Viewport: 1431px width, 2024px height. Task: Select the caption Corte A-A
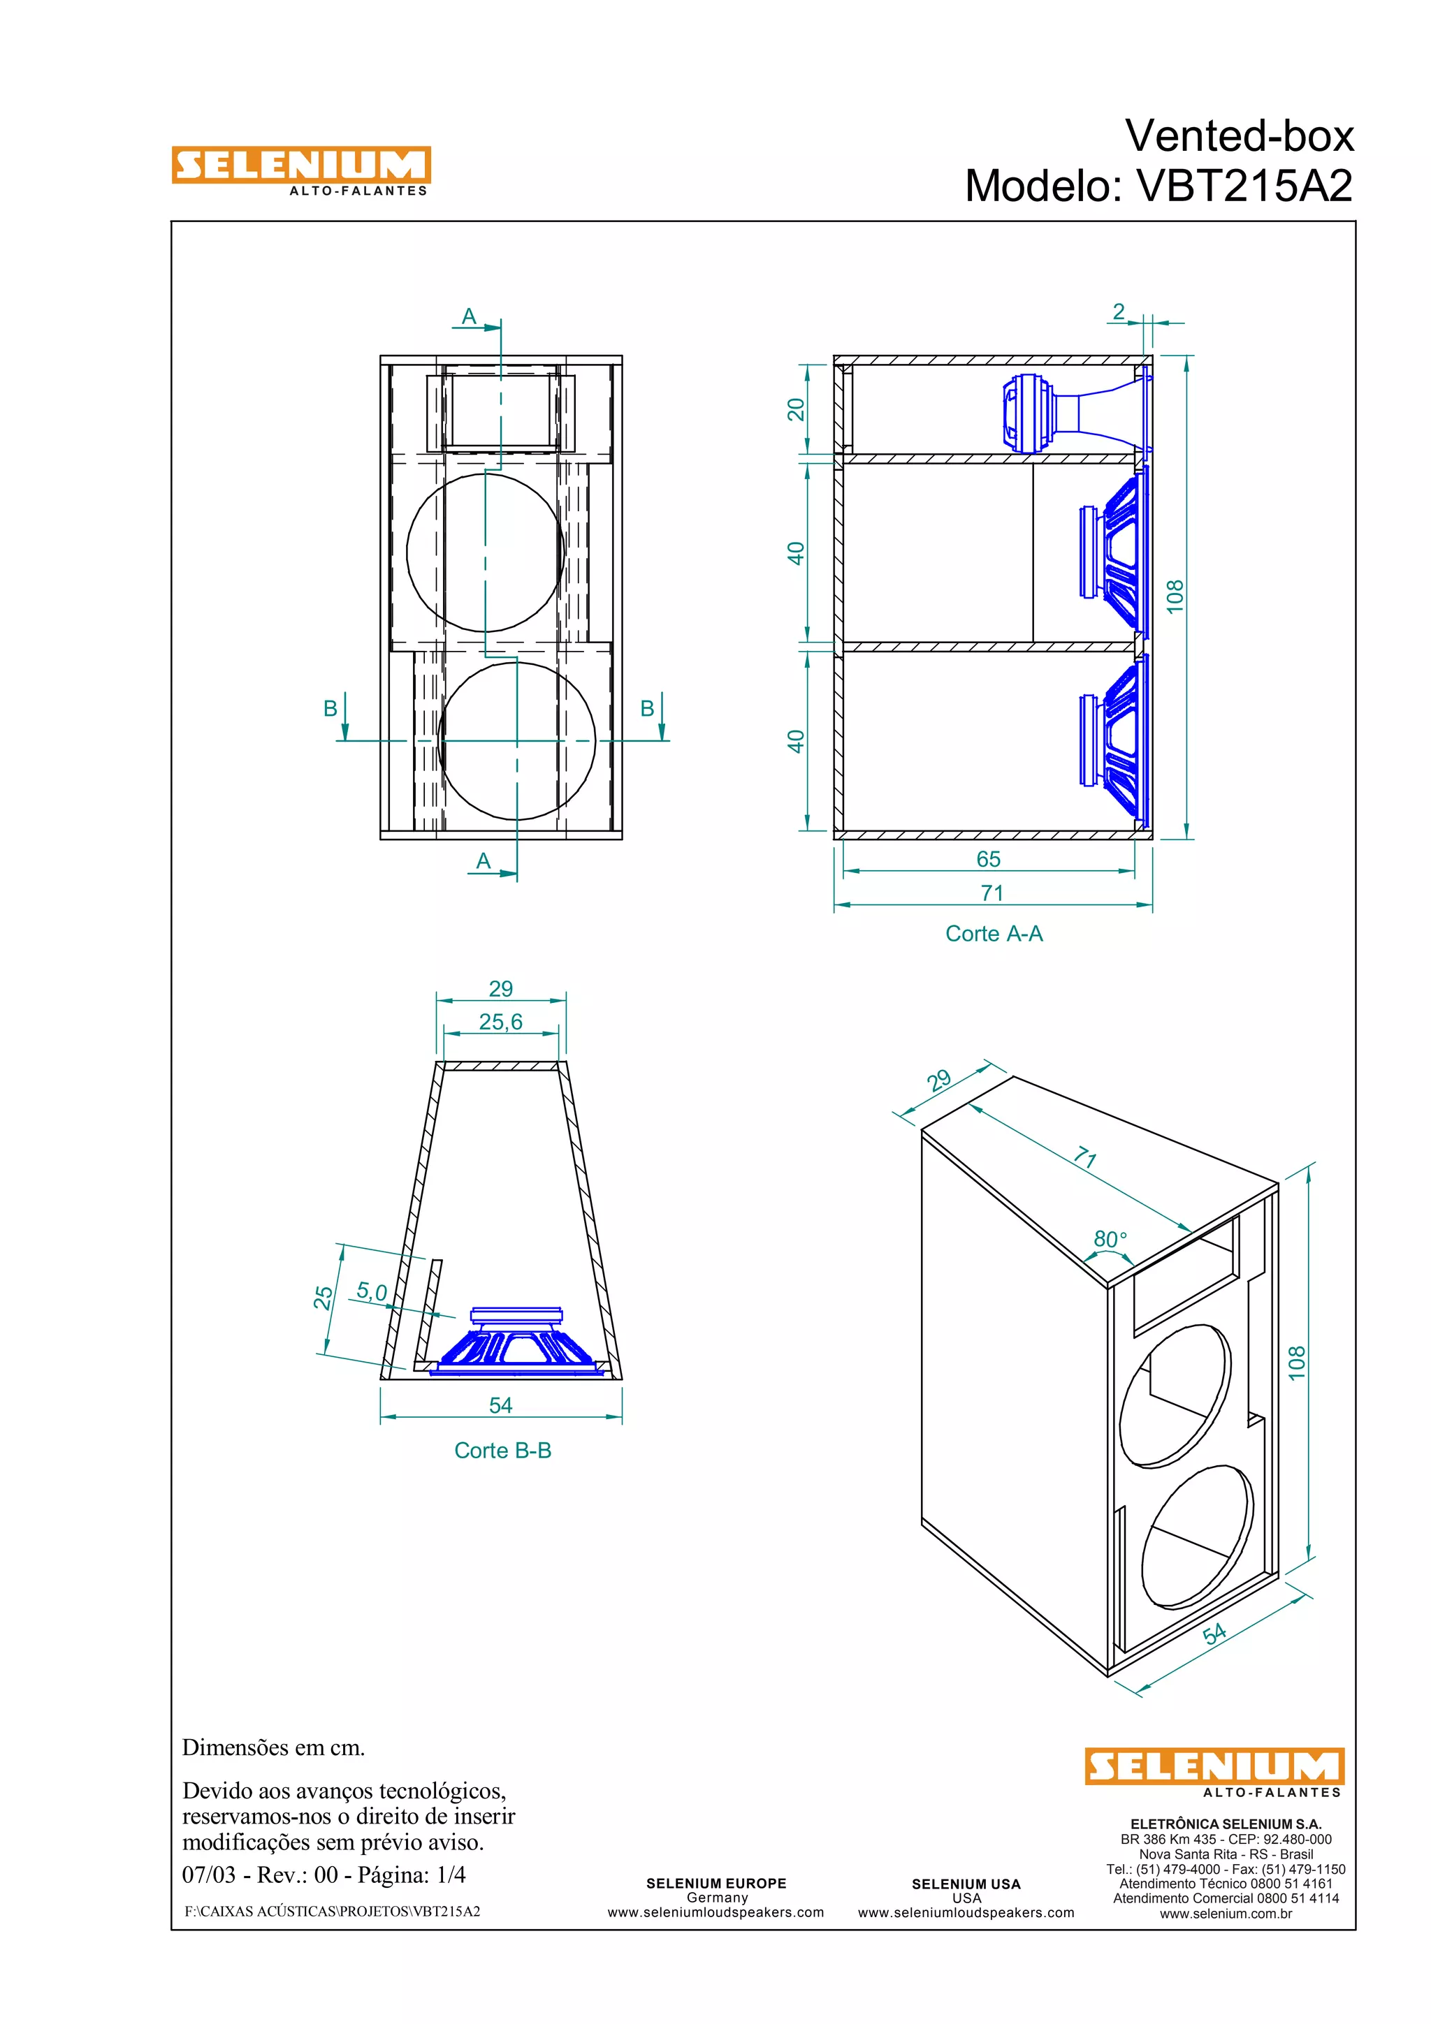(993, 934)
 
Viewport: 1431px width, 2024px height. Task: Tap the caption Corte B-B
(502, 1450)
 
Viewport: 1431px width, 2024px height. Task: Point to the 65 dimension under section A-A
(989, 858)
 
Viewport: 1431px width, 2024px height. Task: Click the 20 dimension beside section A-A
(796, 409)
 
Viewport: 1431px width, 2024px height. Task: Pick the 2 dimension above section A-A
(1118, 312)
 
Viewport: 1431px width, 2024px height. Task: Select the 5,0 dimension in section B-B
(371, 1292)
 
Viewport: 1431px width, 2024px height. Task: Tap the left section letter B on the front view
(330, 708)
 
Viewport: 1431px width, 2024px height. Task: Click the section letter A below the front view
(483, 861)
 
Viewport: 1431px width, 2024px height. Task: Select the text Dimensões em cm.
(273, 1747)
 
